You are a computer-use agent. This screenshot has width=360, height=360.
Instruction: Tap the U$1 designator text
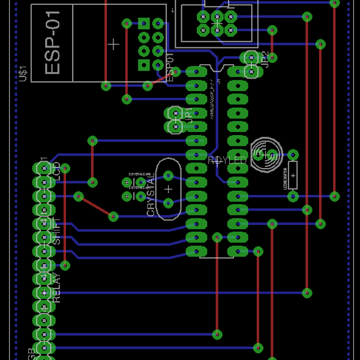pyautogui.click(x=23, y=73)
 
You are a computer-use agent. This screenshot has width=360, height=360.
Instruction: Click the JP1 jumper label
pyautogui.click(x=190, y=115)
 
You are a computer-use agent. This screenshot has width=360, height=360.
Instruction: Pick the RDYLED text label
pyautogui.click(x=227, y=161)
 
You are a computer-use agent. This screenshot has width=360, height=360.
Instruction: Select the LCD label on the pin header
pyautogui.click(x=56, y=171)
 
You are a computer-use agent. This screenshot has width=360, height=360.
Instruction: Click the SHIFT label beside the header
pyautogui.click(x=56, y=230)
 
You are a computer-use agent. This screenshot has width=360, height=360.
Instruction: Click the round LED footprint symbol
pyautogui.click(x=266, y=154)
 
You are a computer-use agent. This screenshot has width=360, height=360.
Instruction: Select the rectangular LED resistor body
pyautogui.click(x=293, y=175)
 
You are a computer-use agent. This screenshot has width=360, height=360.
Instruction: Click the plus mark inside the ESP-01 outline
pyautogui.click(x=113, y=44)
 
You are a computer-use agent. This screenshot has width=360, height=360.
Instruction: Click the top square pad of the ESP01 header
pyautogui.click(x=143, y=25)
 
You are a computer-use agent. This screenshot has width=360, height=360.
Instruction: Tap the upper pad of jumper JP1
pyautogui.click(x=175, y=113)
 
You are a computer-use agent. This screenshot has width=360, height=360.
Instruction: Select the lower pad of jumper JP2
pyautogui.click(x=250, y=70)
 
